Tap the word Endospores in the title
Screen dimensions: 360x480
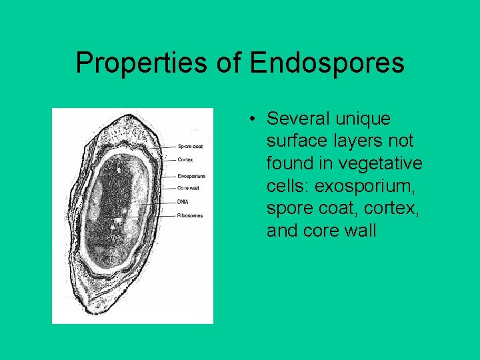327,63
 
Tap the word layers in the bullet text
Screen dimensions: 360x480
354,141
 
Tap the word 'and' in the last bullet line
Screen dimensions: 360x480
281,231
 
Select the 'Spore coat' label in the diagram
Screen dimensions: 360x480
190,146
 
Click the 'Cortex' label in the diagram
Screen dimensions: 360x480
185,159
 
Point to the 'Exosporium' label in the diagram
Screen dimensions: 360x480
191,177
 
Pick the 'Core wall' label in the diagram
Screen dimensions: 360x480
189,188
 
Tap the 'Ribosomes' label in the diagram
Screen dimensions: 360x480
190,215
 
